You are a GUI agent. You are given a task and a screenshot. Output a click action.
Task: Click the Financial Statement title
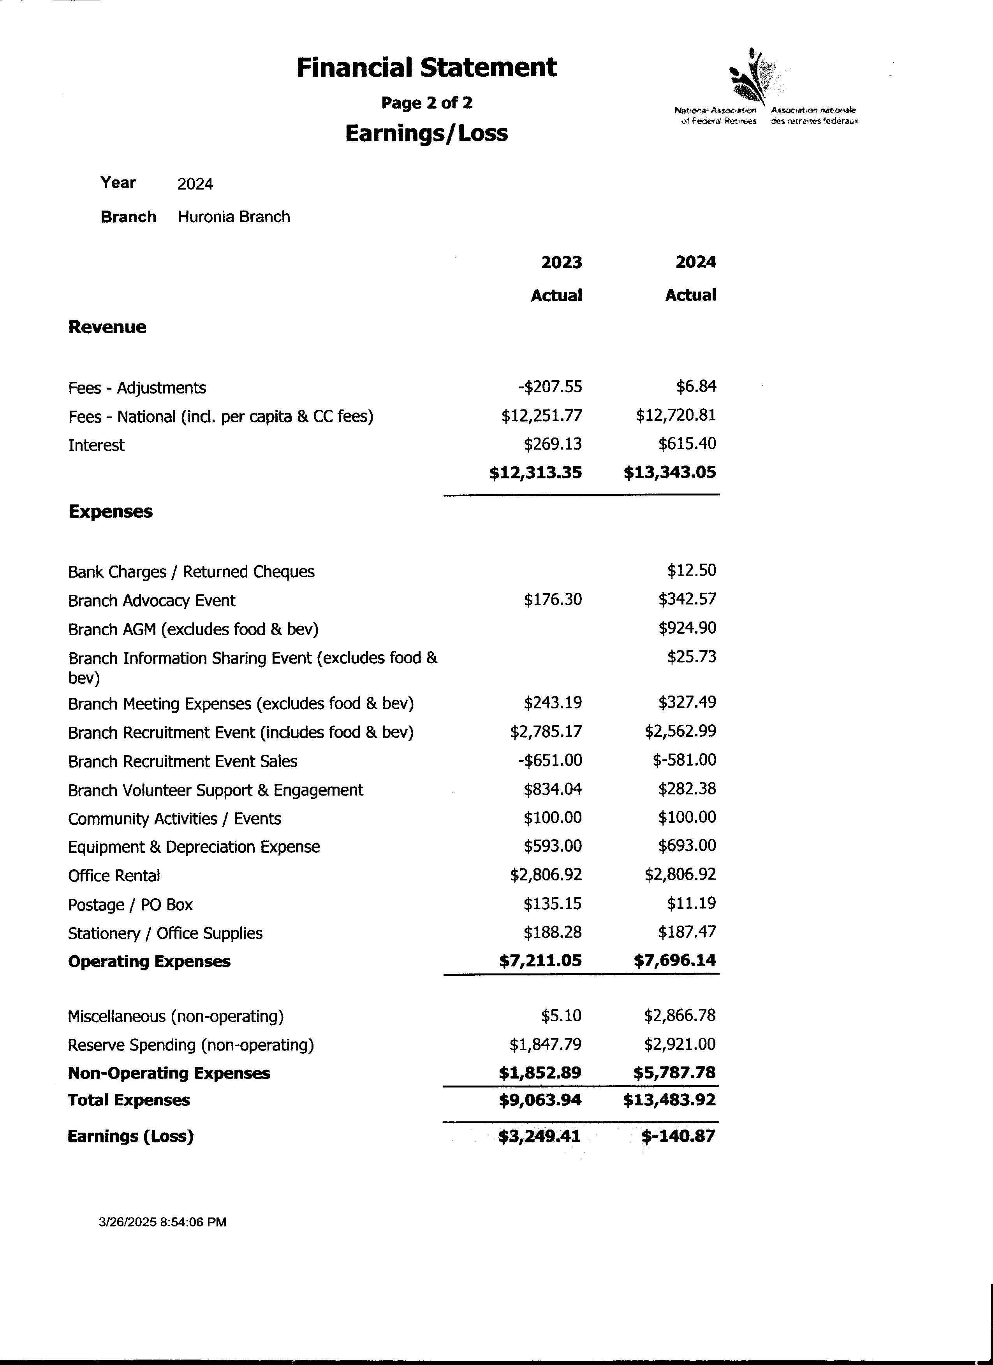(426, 67)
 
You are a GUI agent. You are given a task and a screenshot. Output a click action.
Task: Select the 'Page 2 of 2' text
(426, 103)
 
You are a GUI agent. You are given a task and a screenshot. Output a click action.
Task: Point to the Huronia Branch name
(234, 217)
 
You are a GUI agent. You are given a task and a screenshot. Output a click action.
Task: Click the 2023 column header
(561, 262)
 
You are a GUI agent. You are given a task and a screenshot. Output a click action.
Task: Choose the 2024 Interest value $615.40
(687, 444)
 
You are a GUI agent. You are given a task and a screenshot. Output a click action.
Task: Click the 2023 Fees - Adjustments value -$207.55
(550, 387)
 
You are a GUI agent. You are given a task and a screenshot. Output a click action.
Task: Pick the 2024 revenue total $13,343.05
(670, 473)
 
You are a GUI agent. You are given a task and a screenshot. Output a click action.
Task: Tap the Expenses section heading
(111, 511)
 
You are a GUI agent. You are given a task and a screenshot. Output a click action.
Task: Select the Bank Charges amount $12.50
(691, 571)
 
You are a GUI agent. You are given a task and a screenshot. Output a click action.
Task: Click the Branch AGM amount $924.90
(687, 628)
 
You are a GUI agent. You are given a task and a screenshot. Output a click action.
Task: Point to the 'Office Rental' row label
(114, 876)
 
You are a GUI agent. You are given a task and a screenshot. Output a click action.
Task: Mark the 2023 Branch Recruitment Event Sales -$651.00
(550, 760)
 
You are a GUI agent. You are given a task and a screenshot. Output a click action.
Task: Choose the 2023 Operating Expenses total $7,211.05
(540, 961)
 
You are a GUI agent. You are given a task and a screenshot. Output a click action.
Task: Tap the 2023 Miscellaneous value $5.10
(561, 1016)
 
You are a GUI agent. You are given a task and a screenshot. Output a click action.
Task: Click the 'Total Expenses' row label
(129, 1100)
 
